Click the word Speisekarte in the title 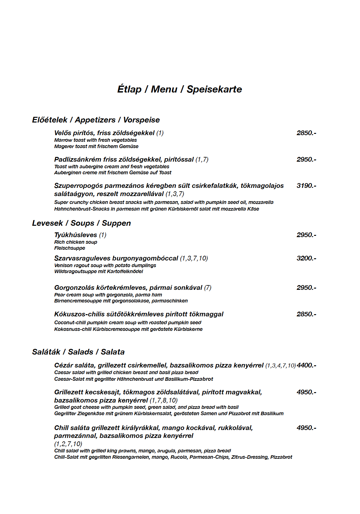coord(214,89)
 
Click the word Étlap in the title coord(129,89)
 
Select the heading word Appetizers coord(95,120)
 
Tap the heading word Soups coord(82,223)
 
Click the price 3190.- coord(306,186)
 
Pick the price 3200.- coord(306,258)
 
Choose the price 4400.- coord(306,365)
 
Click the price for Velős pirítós coord(306,133)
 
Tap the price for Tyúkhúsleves coord(306,235)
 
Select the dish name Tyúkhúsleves coord(75,235)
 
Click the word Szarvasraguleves coord(82,258)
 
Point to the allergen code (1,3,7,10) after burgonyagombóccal coord(194,258)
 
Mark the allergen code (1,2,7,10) coord(68,444)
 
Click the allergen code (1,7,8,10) coord(164,400)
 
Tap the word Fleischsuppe coord(69,248)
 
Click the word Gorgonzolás coord(75,288)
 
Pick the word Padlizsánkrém coord(77,159)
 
